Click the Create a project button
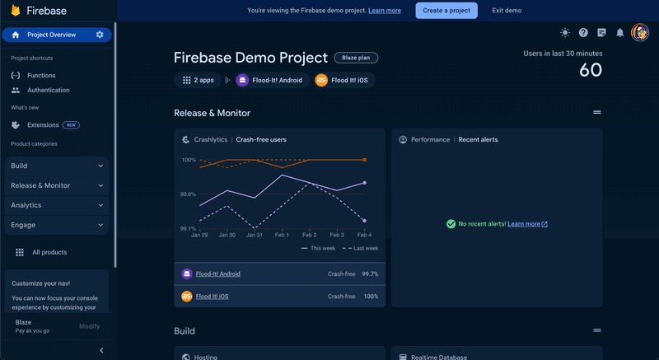point(446,11)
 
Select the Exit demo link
point(507,11)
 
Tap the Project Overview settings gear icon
point(100,35)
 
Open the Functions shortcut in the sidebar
point(41,75)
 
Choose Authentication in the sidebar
point(48,90)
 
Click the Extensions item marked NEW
point(43,125)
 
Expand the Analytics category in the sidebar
point(57,205)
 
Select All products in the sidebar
point(49,252)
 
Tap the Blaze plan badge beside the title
point(356,58)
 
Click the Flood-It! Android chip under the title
point(269,80)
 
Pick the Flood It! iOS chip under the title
point(343,80)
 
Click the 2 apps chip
point(198,80)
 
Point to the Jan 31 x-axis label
point(254,235)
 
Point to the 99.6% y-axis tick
point(189,194)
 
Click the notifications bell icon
point(619,33)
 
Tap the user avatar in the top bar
point(640,33)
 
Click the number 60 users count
point(591,71)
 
